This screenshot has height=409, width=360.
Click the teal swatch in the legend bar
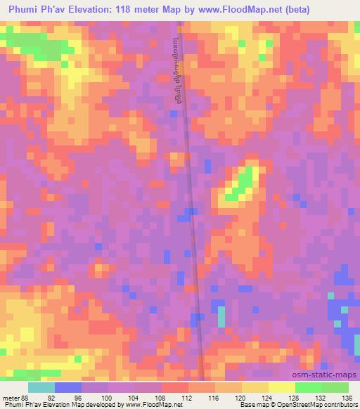click(x=41, y=387)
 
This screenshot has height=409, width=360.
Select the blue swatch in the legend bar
click(x=68, y=387)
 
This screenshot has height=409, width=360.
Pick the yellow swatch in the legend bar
click(x=281, y=387)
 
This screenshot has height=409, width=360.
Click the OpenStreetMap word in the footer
click(x=295, y=405)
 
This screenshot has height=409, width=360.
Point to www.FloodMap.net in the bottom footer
click(x=149, y=405)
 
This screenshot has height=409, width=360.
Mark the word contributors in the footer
click(x=339, y=405)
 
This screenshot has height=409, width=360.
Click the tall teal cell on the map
click(x=221, y=316)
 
